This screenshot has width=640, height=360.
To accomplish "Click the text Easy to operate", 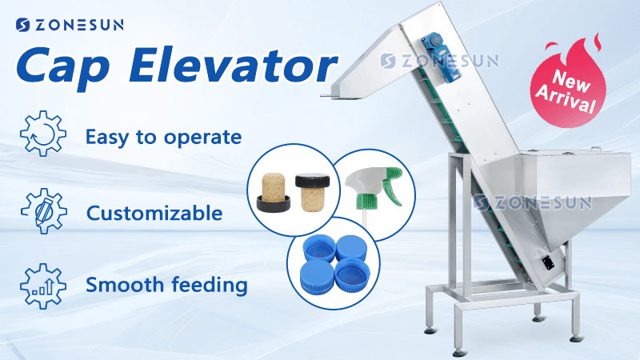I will pyautogui.click(x=163, y=137).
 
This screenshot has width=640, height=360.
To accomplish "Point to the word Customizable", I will pyautogui.click(x=154, y=213).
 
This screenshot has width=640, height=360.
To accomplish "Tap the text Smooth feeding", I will pyautogui.click(x=166, y=284).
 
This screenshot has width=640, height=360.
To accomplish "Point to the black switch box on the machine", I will pyautogui.click(x=548, y=263).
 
